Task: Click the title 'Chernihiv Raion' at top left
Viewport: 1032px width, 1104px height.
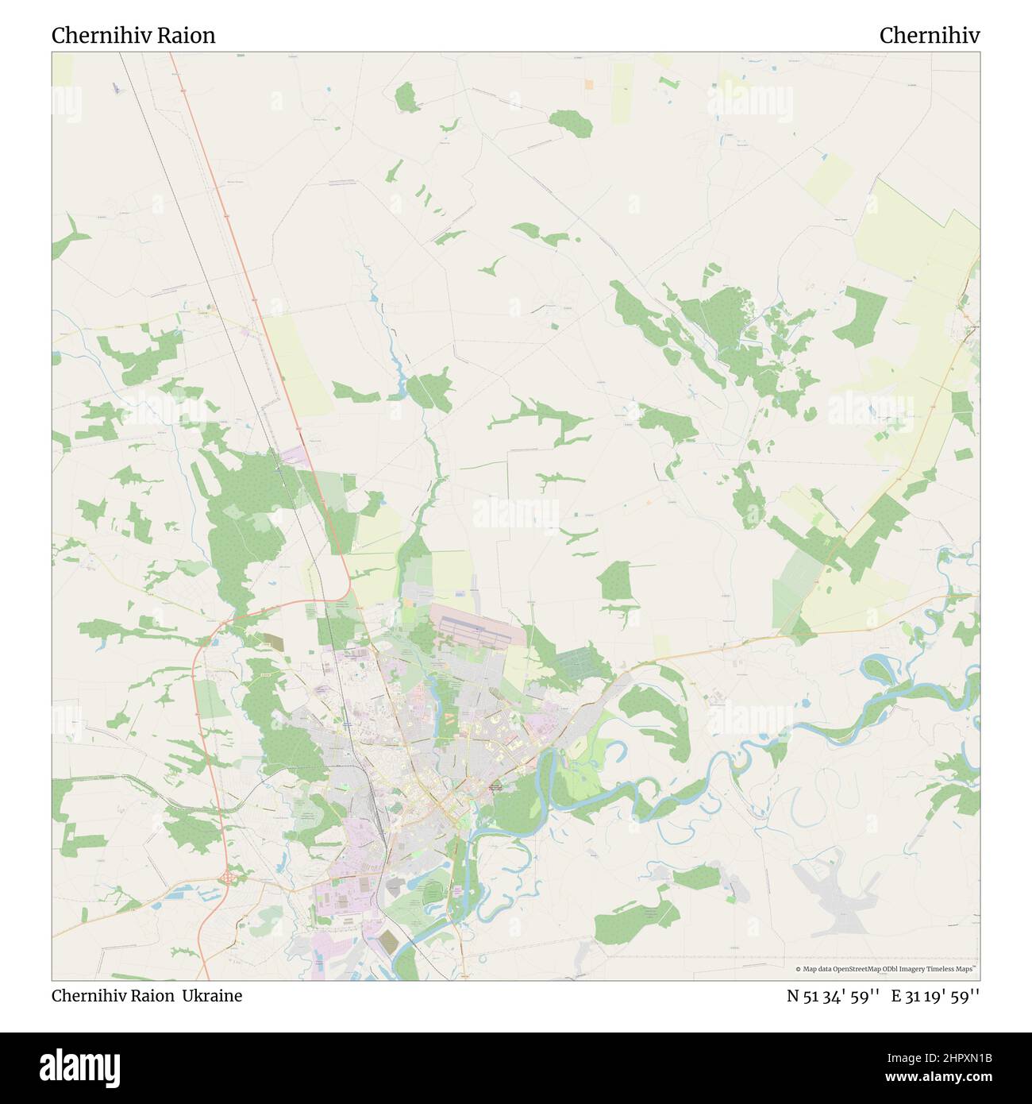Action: (x=133, y=36)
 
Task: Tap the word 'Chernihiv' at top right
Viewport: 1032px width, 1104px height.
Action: (x=929, y=36)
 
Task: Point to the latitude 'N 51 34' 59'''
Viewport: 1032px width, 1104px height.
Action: (x=833, y=995)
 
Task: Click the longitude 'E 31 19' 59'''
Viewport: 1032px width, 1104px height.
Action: (x=935, y=995)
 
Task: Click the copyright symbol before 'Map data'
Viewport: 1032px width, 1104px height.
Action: (x=799, y=969)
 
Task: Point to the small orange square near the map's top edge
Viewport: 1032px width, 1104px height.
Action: (x=588, y=83)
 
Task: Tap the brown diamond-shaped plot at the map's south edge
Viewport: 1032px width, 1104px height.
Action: (x=389, y=942)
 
